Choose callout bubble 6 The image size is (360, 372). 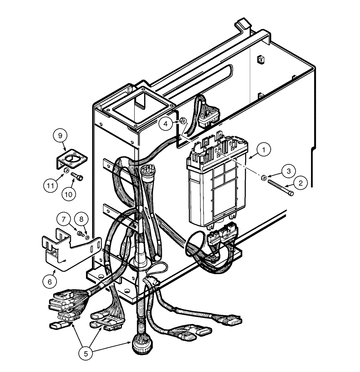point(50,282)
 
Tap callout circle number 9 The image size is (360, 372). point(61,135)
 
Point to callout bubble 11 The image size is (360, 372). point(50,185)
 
